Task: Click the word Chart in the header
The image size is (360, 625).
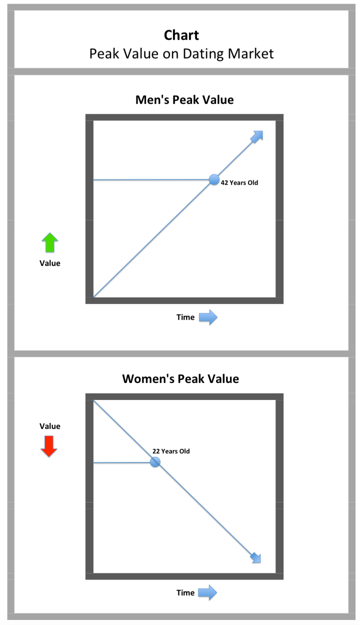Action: click(x=181, y=35)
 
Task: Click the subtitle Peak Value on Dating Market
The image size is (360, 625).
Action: click(x=181, y=53)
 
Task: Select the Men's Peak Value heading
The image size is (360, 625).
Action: click(x=184, y=99)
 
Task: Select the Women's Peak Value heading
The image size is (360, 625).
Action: click(x=180, y=378)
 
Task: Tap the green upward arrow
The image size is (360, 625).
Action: click(x=49, y=242)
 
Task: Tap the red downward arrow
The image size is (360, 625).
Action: click(x=49, y=446)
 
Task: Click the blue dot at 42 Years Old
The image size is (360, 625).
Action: click(x=214, y=179)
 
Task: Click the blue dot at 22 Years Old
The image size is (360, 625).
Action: click(x=155, y=462)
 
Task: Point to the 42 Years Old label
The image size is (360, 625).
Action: click(x=239, y=183)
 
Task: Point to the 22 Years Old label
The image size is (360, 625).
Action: click(x=171, y=451)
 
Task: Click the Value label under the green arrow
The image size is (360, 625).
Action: click(x=50, y=263)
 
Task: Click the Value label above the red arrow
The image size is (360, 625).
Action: click(x=50, y=426)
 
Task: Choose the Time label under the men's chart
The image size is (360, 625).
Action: click(x=185, y=317)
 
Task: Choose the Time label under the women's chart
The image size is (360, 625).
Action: click(x=185, y=592)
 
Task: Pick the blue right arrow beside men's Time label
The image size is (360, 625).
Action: click(x=208, y=317)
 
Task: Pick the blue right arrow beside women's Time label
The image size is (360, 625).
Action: click(x=207, y=592)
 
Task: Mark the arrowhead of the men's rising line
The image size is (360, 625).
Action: click(x=257, y=136)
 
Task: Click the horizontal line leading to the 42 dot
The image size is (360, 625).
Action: click(x=150, y=179)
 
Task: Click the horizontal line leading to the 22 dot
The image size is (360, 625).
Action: click(x=122, y=462)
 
